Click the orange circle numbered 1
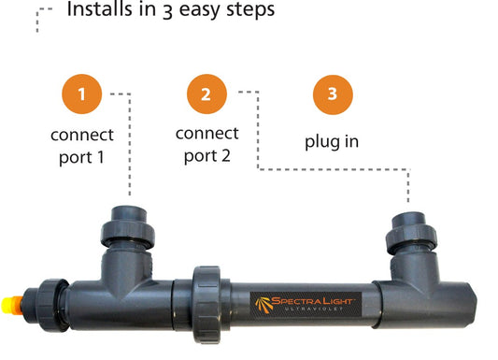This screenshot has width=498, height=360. [x=82, y=94]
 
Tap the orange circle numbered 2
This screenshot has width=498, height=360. [x=206, y=94]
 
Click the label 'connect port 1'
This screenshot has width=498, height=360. [x=82, y=145]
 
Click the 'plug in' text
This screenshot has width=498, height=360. [x=331, y=143]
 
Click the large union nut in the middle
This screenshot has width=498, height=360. [x=206, y=297]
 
